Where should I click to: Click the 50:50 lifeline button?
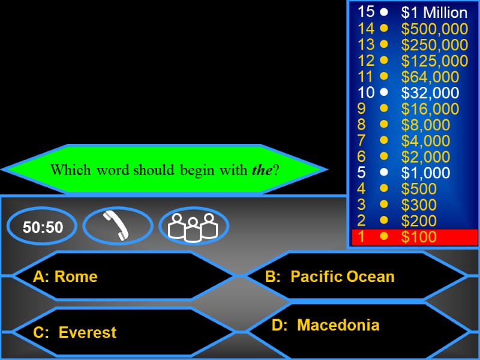[x=43, y=227]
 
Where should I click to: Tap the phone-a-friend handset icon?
[x=118, y=226]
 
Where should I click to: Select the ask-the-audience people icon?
[x=193, y=226]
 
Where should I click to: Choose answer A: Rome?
[x=65, y=277]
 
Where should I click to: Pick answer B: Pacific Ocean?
[x=330, y=277]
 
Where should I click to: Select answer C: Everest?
[x=75, y=332]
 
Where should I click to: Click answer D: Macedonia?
[x=326, y=325]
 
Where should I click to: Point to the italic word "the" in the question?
[x=262, y=170]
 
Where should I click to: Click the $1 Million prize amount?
[x=434, y=13]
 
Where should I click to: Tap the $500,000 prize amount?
[x=434, y=29]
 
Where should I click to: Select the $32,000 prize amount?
[x=430, y=93]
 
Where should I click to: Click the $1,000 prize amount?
[x=425, y=173]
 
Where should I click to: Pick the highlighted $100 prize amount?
[x=419, y=237]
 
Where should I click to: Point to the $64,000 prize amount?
[x=430, y=77]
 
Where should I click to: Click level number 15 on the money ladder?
[x=366, y=11]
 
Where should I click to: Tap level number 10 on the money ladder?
[x=366, y=92]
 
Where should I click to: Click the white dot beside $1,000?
[x=384, y=173]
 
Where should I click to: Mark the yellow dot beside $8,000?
[x=384, y=125]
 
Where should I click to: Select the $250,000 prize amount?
[x=434, y=45]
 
